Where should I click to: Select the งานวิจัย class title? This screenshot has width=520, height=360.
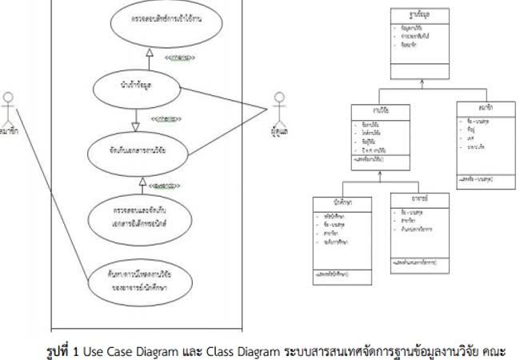[380, 111]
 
